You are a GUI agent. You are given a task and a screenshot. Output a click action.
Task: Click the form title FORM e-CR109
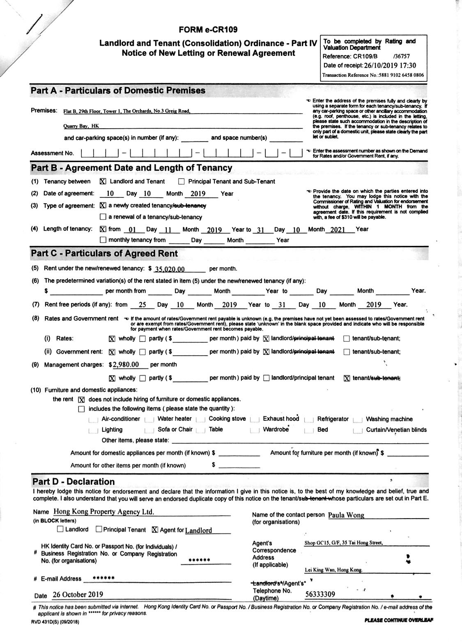point(208,30)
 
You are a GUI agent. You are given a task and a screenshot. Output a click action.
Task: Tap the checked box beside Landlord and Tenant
point(103,181)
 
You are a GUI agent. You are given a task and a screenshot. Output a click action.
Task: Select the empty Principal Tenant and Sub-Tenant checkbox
point(182,182)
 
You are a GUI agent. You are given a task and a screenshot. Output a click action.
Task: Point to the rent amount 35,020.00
point(169,269)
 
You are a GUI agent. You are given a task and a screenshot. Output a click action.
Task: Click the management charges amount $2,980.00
point(124,364)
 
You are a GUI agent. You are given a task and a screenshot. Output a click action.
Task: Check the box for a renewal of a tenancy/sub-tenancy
point(103,217)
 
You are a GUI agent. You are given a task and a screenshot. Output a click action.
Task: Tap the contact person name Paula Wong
point(346,515)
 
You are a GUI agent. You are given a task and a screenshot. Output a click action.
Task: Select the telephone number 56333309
point(320,594)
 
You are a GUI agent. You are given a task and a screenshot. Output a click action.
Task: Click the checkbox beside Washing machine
point(357,419)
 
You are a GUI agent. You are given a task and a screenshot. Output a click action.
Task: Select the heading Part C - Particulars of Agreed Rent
point(104,253)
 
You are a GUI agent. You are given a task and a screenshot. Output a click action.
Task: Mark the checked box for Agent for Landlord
point(155,530)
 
